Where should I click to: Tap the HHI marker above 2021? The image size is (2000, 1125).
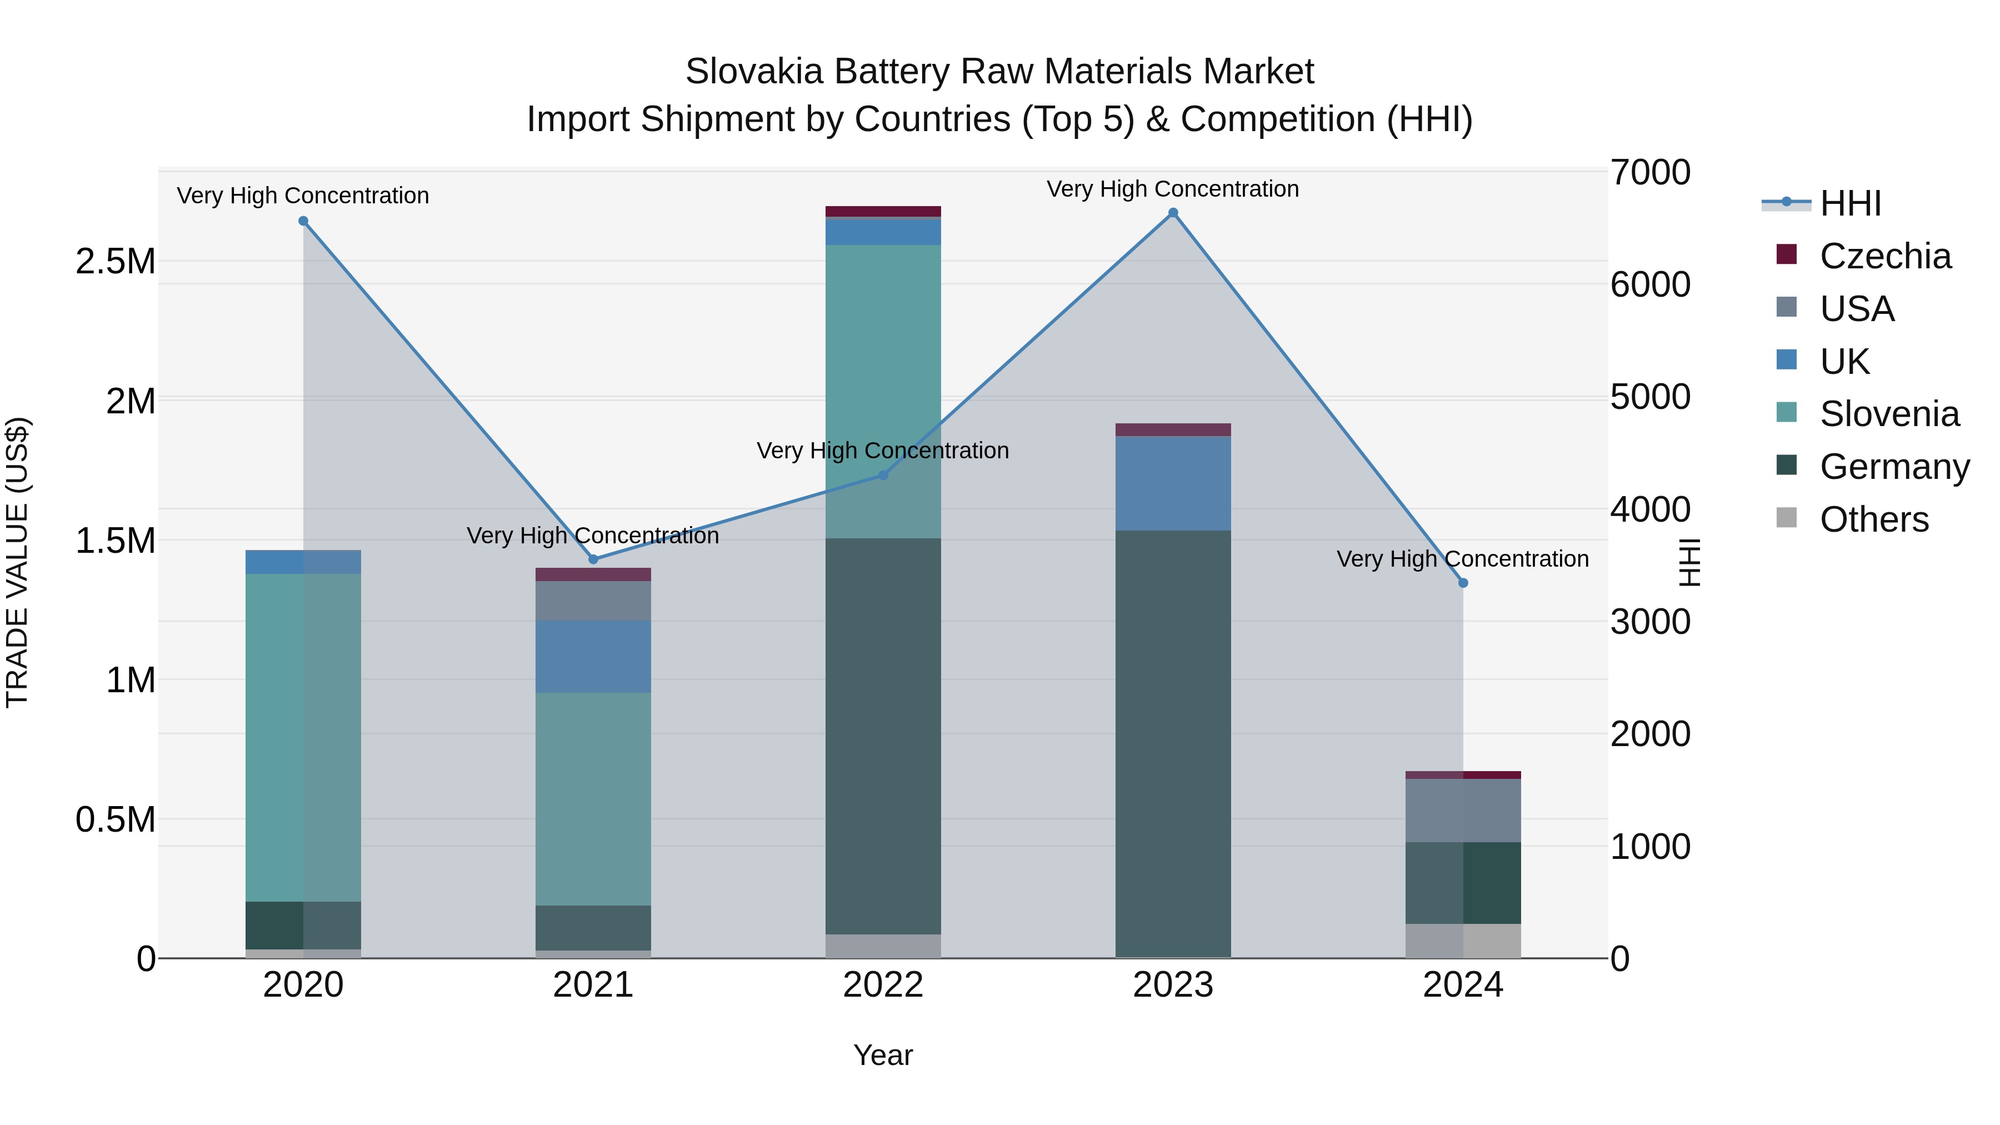593,559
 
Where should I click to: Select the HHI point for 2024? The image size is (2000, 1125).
1463,583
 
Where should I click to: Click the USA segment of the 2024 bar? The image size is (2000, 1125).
1463,810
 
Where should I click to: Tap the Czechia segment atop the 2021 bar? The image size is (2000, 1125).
593,574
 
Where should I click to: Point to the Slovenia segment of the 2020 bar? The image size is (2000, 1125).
303,738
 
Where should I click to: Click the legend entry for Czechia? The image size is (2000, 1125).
1884,256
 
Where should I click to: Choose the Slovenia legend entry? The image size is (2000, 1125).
1888,414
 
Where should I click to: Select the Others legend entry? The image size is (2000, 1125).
1873,519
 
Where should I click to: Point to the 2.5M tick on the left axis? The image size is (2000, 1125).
115,262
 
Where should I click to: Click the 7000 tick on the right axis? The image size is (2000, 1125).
1650,172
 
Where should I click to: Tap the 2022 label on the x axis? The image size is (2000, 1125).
883,985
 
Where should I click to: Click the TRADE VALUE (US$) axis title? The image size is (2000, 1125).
18,562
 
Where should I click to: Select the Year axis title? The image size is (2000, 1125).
883,1055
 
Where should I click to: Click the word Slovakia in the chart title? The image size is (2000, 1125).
753,72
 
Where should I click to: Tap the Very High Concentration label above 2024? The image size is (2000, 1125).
1462,559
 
